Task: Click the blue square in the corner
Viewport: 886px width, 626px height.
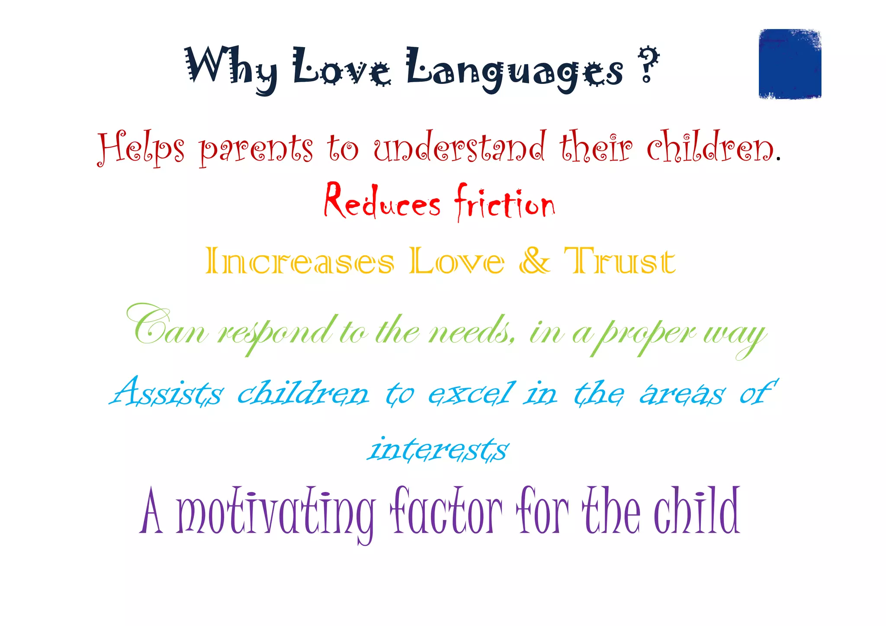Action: (x=790, y=64)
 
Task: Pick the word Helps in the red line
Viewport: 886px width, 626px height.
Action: (x=141, y=148)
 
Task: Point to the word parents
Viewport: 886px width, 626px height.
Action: (x=256, y=148)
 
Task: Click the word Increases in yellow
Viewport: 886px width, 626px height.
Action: (x=300, y=261)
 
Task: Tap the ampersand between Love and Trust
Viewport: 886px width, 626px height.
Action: (x=535, y=260)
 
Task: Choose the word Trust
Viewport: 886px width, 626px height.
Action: (x=620, y=261)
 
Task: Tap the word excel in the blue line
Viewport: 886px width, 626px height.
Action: (x=472, y=393)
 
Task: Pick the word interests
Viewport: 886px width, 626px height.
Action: (x=438, y=449)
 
